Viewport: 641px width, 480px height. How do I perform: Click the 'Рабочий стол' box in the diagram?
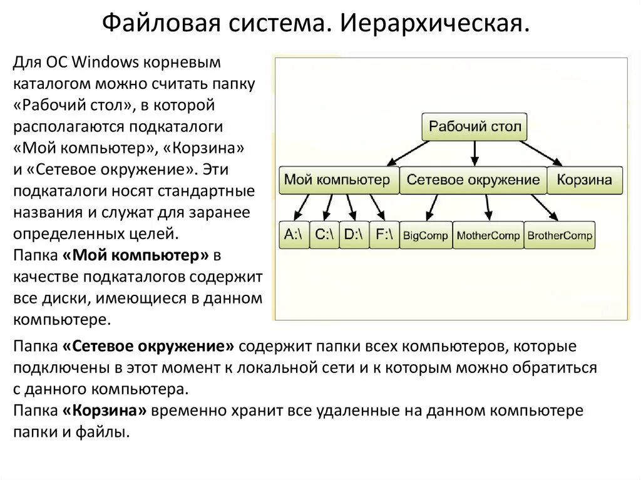[x=474, y=126]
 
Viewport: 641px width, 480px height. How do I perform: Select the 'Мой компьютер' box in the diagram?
[x=337, y=180]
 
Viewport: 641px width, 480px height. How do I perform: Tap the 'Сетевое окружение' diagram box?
[x=473, y=180]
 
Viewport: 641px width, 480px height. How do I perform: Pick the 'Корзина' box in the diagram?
[x=585, y=180]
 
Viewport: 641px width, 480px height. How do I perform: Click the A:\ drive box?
[x=294, y=235]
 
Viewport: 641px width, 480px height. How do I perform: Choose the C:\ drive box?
[x=324, y=235]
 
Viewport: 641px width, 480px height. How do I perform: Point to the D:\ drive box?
[x=354, y=235]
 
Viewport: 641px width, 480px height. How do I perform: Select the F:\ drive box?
[x=384, y=235]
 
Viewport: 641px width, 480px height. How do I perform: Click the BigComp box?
[x=425, y=236]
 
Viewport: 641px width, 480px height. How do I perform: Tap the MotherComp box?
[x=488, y=236]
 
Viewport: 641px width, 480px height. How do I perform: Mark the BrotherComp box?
[x=559, y=236]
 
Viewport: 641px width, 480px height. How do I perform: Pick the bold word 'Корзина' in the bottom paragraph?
[x=105, y=411]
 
